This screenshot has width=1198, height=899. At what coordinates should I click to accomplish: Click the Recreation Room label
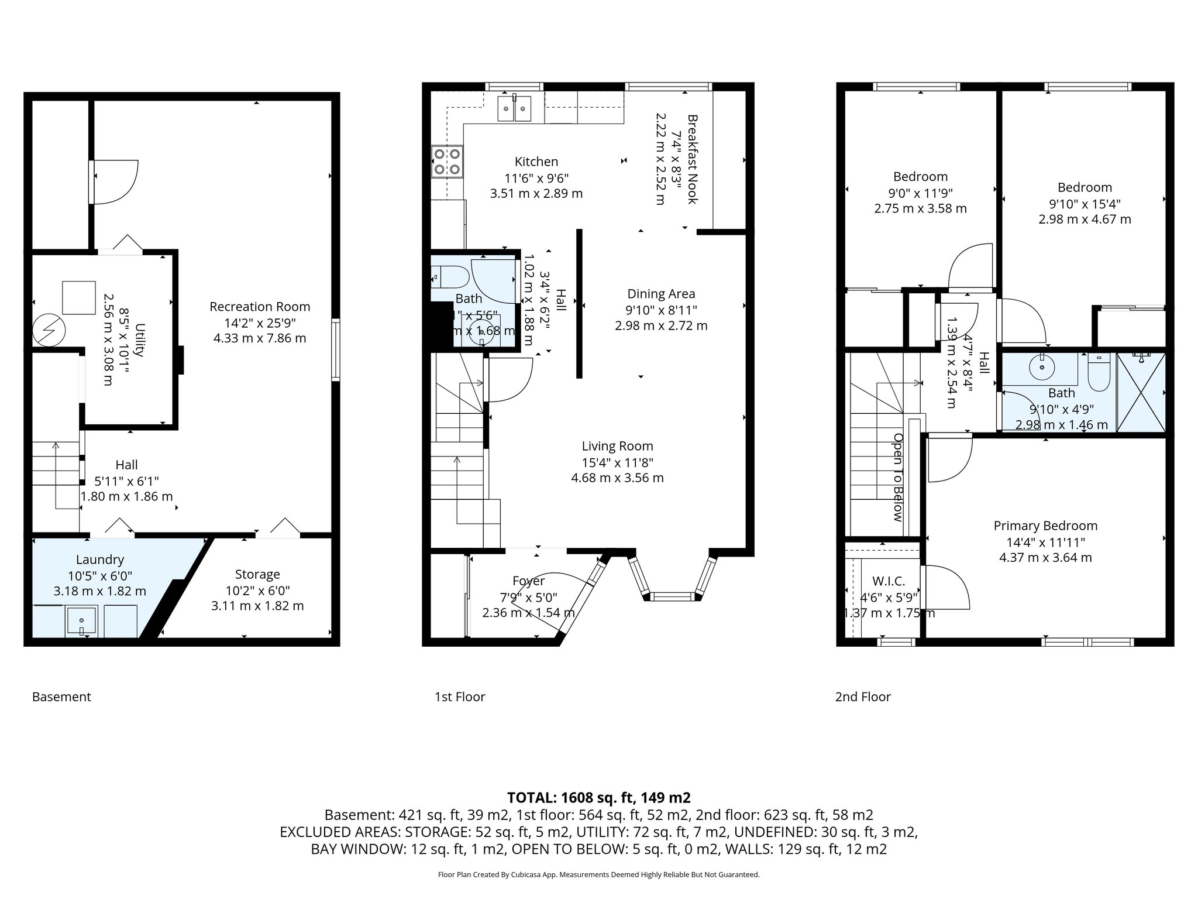[260, 307]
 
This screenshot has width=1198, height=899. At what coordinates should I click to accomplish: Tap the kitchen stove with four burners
[446, 162]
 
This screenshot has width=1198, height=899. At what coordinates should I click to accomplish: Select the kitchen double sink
[515, 109]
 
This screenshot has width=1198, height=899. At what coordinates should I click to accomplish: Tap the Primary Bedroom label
[1045, 526]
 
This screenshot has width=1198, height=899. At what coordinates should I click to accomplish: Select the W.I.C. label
[889, 581]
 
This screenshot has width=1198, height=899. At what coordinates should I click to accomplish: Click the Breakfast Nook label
[693, 159]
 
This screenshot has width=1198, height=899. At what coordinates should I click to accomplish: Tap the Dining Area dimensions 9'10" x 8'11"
[661, 310]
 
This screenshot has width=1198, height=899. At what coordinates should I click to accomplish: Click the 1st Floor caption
[460, 696]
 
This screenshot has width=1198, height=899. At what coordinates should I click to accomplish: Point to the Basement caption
[61, 696]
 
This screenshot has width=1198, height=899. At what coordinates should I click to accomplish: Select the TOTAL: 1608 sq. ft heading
[598, 798]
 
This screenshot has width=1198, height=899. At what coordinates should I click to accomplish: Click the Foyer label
[528, 581]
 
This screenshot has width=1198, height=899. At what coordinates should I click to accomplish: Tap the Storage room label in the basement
[257, 574]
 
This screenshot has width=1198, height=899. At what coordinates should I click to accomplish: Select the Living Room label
[617, 446]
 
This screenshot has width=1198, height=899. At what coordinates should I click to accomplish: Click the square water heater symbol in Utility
[78, 298]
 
